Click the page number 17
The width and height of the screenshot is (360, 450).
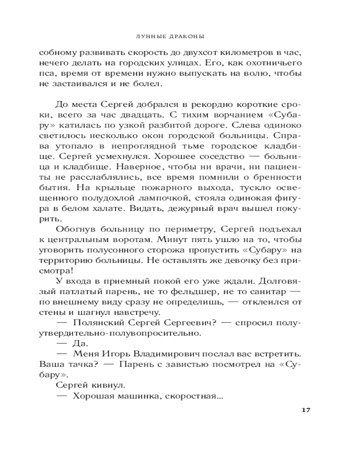[x=306, y=410]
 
